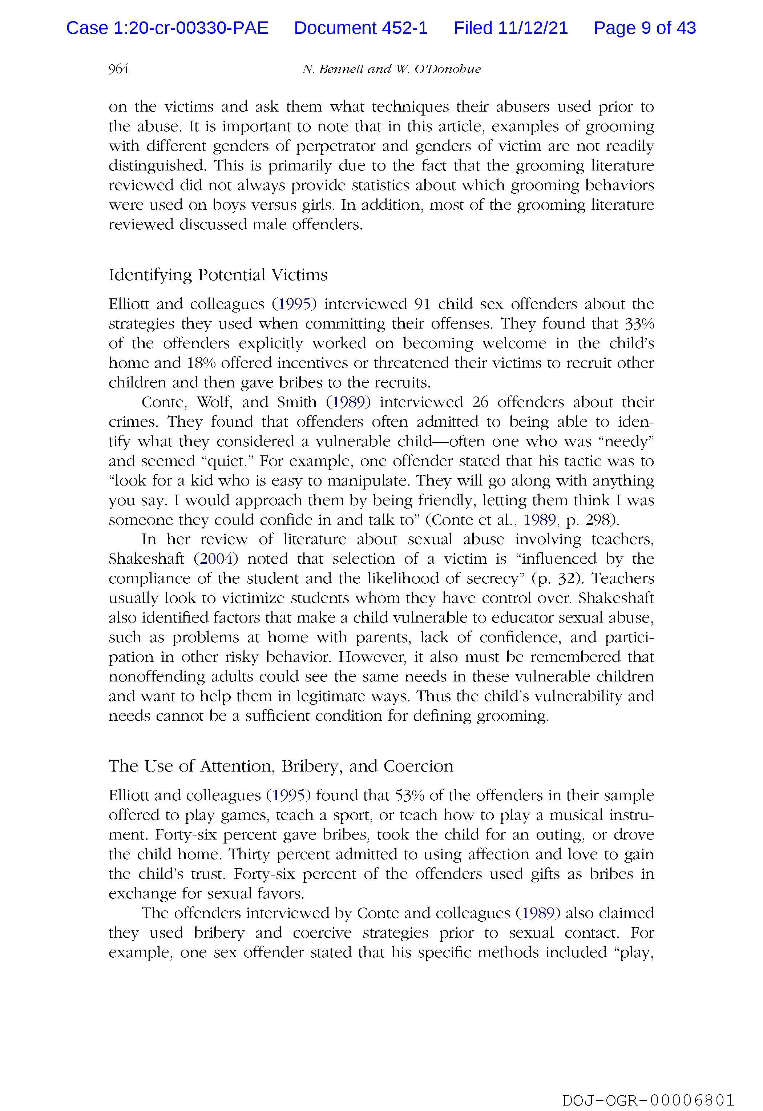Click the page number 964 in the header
coord(118,69)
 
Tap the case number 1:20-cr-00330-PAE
coord(190,28)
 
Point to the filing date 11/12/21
coord(533,28)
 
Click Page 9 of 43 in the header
coord(645,28)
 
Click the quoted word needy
coord(629,441)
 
